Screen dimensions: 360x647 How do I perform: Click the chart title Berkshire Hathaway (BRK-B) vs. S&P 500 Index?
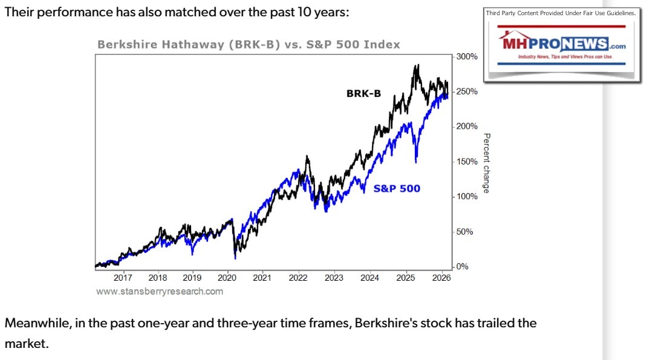click(x=249, y=45)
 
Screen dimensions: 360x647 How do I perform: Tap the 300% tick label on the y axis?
click(x=466, y=56)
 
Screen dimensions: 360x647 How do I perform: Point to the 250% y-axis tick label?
click(x=466, y=91)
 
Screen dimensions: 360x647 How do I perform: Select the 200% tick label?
click(x=466, y=126)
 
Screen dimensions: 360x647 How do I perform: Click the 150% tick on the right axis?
click(x=466, y=162)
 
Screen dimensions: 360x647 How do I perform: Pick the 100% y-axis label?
click(x=466, y=197)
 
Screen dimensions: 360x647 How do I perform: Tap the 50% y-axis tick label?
click(x=464, y=232)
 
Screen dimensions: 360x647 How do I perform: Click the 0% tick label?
click(x=463, y=267)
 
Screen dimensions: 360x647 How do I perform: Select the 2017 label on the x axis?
click(x=123, y=278)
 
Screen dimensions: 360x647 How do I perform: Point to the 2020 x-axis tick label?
click(x=227, y=278)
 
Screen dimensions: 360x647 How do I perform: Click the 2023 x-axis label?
click(x=334, y=278)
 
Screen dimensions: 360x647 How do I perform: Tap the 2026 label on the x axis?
click(x=441, y=278)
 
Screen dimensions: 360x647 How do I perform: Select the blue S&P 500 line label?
click(x=397, y=188)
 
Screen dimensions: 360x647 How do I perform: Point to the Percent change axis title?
click(x=486, y=163)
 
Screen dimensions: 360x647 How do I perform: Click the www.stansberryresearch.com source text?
click(x=159, y=292)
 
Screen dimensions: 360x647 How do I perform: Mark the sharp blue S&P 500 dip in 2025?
click(x=416, y=160)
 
